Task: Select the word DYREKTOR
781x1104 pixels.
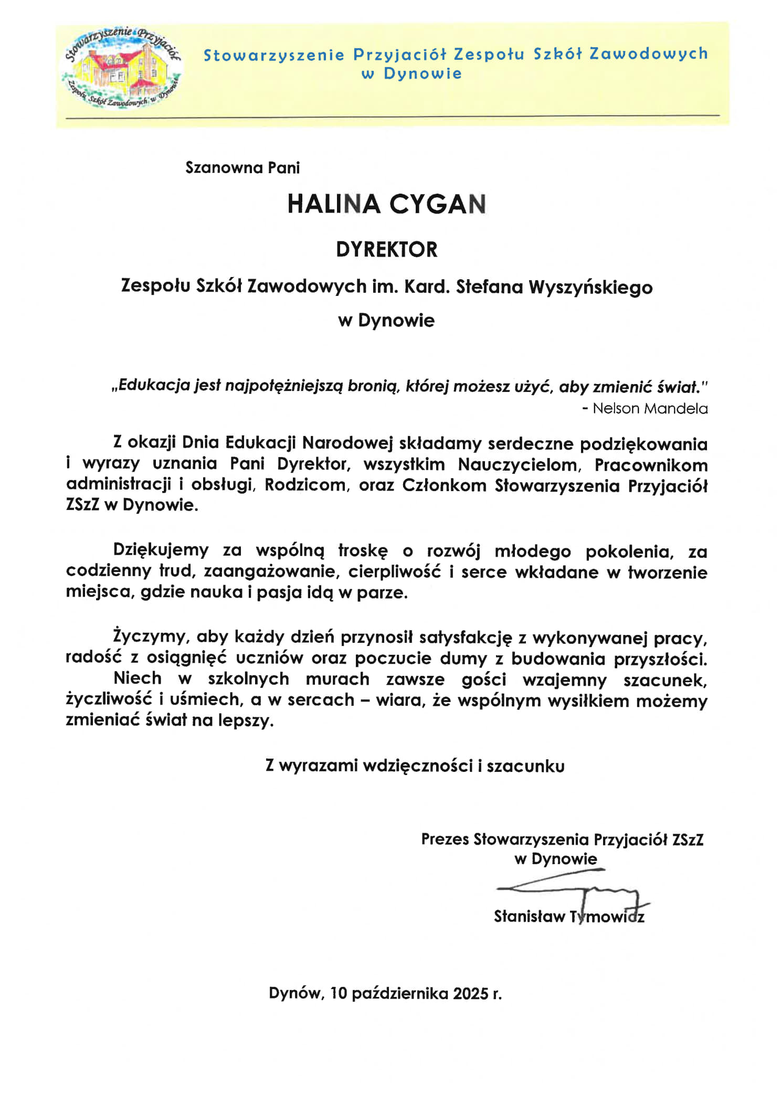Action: [x=387, y=250]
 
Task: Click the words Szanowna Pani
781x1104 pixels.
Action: [x=242, y=168]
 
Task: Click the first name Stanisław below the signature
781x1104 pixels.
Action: [x=530, y=916]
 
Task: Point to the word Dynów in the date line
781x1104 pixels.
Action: [x=294, y=993]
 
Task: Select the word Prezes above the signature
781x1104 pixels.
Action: [x=445, y=840]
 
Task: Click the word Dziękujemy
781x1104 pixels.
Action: [x=161, y=550]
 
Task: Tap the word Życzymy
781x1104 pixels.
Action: [x=150, y=637]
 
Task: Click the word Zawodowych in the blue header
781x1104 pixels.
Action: [x=649, y=54]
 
